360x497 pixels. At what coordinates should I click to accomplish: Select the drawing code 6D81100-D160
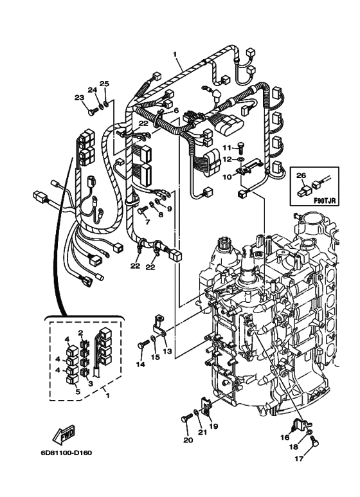pos(66,452)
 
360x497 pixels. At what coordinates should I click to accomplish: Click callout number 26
pos(301,175)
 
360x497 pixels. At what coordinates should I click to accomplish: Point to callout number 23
pos(79,97)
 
